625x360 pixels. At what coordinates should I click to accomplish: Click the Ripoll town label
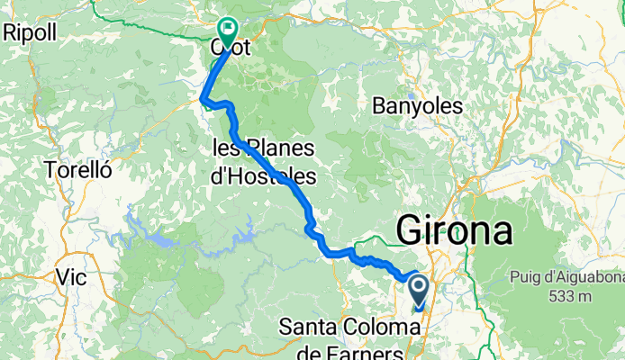[x=30, y=32]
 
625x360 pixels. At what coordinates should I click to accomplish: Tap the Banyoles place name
[x=418, y=106]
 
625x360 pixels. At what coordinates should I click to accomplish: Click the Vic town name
[x=71, y=276]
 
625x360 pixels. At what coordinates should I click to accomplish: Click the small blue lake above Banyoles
[x=411, y=93]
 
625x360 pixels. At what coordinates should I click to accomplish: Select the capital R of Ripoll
[x=10, y=32]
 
